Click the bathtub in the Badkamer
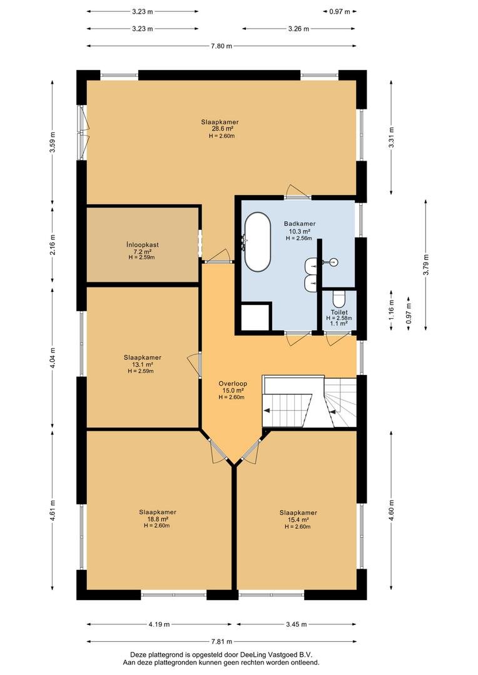click(x=258, y=242)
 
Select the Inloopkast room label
click(x=143, y=244)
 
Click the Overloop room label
click(x=233, y=384)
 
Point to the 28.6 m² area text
click(x=222, y=129)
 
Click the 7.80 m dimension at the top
click(x=221, y=46)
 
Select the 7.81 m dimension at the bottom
click(x=221, y=641)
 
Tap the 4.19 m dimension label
click(x=159, y=624)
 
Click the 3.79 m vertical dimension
click(x=426, y=264)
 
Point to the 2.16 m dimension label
click(x=53, y=244)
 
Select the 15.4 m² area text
click(x=298, y=519)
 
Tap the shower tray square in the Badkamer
click(x=256, y=317)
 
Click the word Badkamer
click(x=300, y=224)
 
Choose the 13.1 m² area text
click(x=142, y=364)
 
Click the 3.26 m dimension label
click(x=298, y=29)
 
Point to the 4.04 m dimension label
click(x=53, y=358)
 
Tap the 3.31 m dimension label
click(x=391, y=137)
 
